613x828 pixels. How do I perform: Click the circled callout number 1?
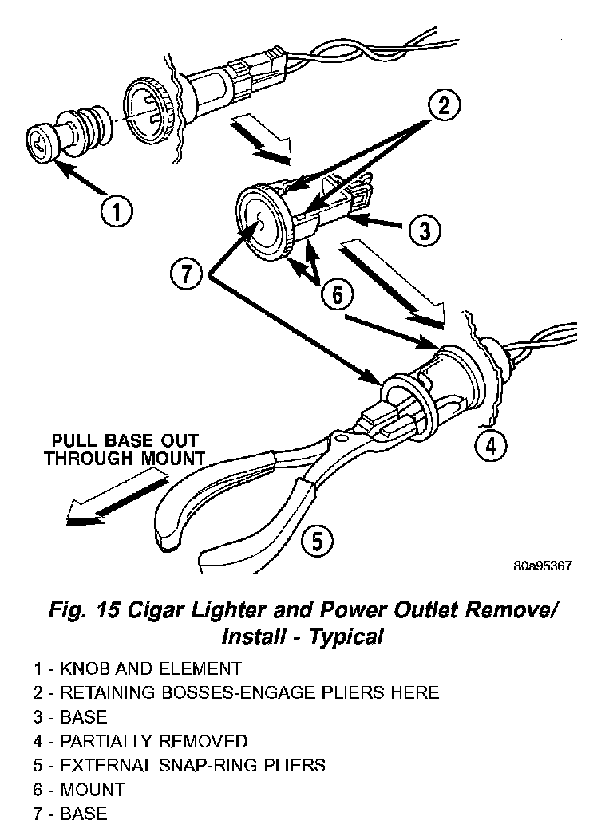tap(117, 212)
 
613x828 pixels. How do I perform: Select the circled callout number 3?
tap(424, 231)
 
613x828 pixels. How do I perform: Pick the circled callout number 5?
tap(316, 542)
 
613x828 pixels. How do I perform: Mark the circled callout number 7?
tap(186, 274)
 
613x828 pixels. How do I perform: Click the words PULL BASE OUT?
tap(125, 441)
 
